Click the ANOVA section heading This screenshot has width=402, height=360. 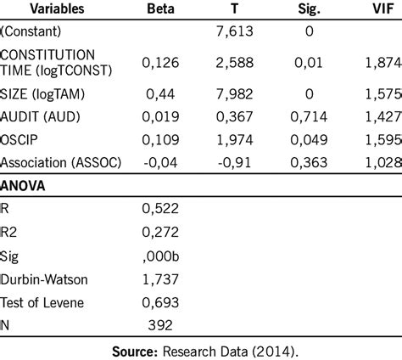point(25,184)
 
